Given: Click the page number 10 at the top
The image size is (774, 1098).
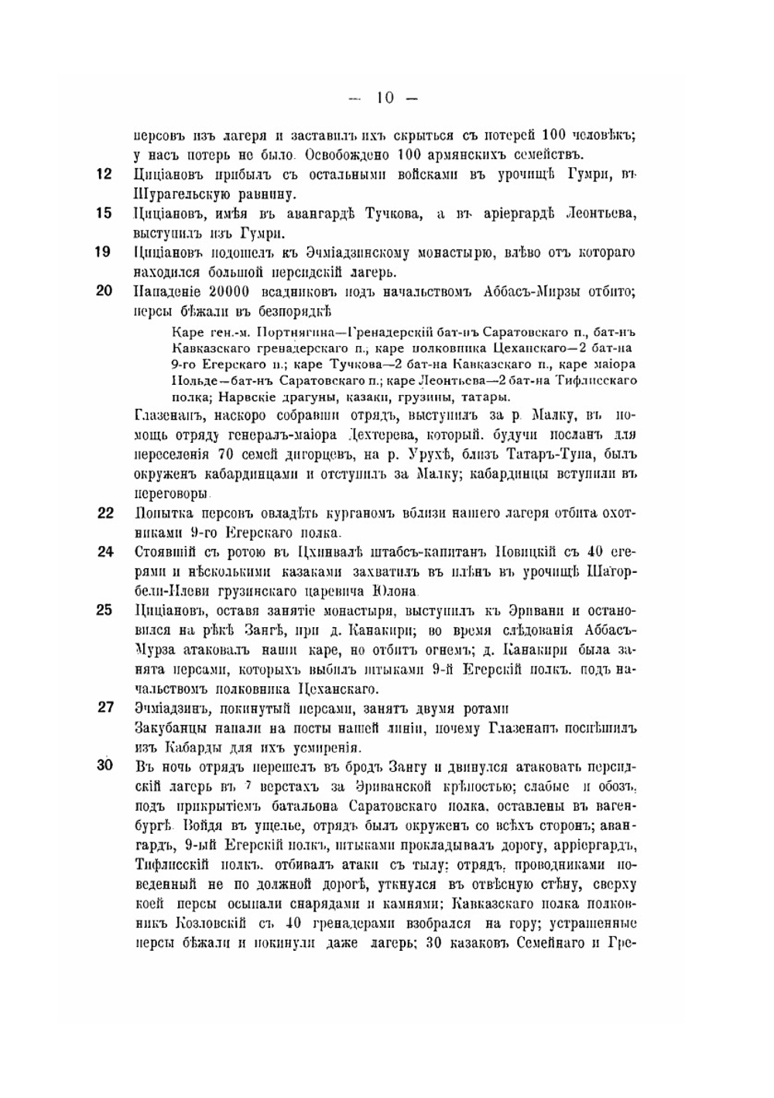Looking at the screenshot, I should click(385, 98).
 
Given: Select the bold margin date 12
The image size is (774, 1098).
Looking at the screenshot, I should click(104, 174).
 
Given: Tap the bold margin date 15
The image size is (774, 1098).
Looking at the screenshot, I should click(104, 213).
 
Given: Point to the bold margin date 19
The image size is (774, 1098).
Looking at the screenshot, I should click(104, 252).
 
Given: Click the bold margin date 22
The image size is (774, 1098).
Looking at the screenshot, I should click(104, 513).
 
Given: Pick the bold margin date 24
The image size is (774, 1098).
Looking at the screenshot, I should click(104, 551).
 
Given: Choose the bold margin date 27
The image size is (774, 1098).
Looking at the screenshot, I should click(104, 707).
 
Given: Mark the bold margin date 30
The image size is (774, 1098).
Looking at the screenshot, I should click(104, 766).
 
